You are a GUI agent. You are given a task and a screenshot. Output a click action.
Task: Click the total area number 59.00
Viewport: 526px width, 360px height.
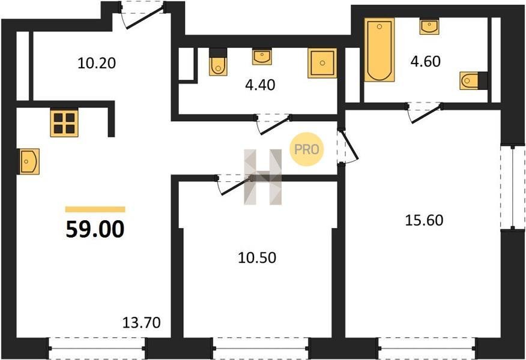click(95, 230)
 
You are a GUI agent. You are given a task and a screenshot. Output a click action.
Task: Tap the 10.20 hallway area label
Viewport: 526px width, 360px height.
click(97, 63)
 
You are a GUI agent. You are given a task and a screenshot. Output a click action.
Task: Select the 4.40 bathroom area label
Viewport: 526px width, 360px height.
click(260, 85)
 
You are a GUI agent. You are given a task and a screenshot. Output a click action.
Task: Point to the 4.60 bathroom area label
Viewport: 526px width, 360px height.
click(425, 61)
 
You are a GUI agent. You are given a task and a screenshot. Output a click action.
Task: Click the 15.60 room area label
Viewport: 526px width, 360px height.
click(424, 220)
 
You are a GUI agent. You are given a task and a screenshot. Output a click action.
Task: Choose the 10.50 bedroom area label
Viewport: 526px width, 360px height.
click(257, 257)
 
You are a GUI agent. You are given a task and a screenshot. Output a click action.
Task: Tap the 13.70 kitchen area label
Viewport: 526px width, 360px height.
click(141, 322)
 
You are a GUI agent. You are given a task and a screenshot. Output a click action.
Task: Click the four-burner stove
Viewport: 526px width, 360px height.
click(64, 122)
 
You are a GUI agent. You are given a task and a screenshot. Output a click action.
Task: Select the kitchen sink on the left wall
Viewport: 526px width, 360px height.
click(29, 161)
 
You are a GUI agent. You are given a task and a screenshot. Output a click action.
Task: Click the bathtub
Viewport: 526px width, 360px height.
click(379, 50)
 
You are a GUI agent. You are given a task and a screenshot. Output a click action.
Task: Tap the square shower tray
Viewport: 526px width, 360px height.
click(322, 63)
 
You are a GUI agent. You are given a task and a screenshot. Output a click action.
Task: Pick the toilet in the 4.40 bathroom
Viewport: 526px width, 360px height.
click(218, 62)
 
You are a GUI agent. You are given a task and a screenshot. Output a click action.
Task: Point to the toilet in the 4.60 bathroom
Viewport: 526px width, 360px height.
click(473, 80)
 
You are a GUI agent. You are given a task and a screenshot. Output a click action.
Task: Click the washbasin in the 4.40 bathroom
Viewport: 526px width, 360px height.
click(262, 56)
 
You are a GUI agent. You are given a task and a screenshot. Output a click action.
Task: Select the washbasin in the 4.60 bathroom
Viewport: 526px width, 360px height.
click(429, 27)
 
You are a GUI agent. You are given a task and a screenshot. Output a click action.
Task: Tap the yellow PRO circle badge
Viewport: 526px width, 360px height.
click(307, 149)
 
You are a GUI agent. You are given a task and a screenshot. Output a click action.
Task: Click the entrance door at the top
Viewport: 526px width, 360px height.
click(142, 15)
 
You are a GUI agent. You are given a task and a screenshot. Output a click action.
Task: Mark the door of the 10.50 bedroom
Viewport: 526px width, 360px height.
click(235, 185)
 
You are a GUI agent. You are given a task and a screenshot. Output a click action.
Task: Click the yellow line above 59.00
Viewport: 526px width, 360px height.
click(95, 209)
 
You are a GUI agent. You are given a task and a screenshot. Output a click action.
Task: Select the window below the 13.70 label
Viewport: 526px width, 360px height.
click(97, 349)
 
